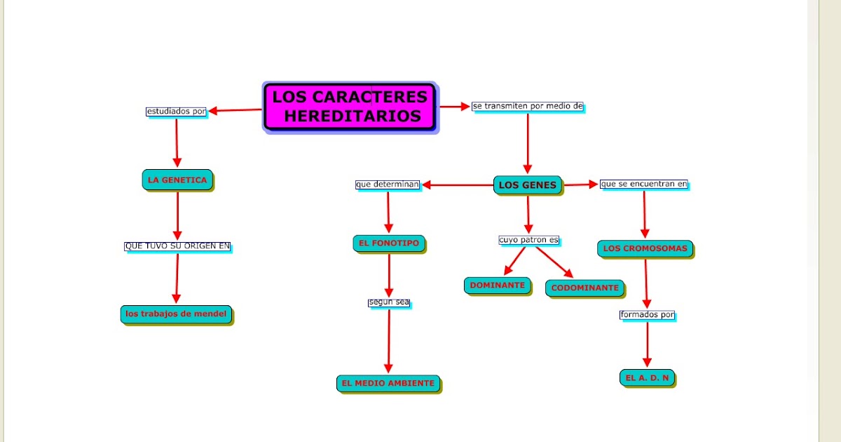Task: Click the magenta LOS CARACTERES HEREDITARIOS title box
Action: click(x=350, y=107)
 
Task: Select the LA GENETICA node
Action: click(x=177, y=180)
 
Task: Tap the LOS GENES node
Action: click(x=528, y=185)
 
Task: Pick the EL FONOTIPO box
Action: click(x=388, y=243)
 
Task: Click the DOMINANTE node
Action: click(x=497, y=286)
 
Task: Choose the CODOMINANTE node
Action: click(x=584, y=288)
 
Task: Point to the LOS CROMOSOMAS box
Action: click(x=645, y=248)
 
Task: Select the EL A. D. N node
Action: click(x=647, y=377)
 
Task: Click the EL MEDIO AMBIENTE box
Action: click(x=388, y=383)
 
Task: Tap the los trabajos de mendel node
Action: click(x=176, y=314)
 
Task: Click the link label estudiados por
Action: click(x=176, y=111)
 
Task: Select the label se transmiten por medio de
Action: click(x=527, y=107)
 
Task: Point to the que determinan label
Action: click(x=387, y=185)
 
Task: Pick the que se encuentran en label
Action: click(x=644, y=184)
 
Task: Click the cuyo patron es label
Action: click(x=528, y=240)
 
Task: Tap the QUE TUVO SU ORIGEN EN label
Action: click(x=177, y=246)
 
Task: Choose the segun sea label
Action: click(x=388, y=302)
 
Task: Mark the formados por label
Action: click(x=647, y=315)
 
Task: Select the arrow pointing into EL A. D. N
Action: click(x=647, y=344)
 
